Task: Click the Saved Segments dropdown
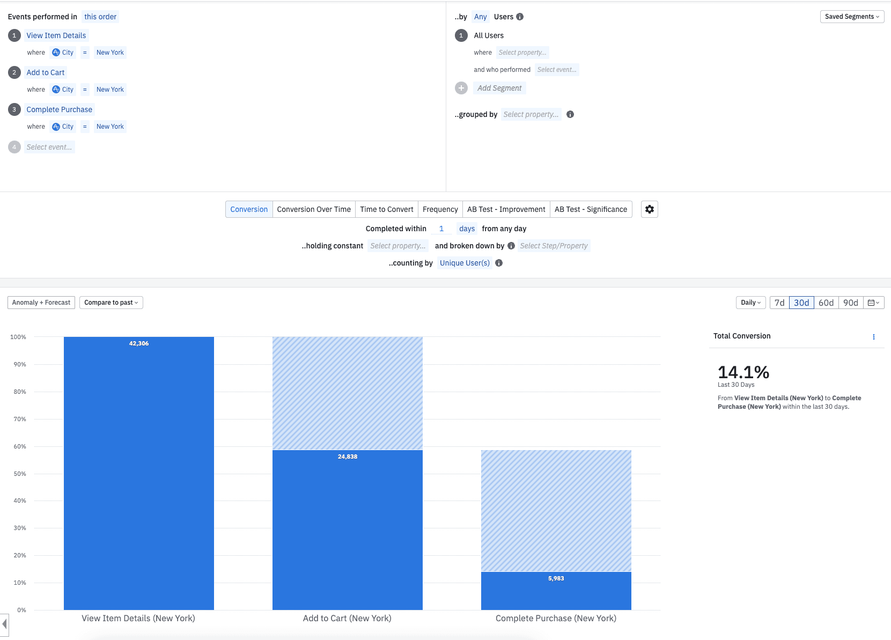[852, 17]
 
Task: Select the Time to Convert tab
[386, 209]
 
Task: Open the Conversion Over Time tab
[314, 209]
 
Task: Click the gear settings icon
[649, 209]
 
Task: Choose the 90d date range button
[850, 303]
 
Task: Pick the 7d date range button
[779, 303]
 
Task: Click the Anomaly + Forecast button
[41, 303]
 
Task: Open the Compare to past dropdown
[111, 303]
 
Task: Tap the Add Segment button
[499, 88]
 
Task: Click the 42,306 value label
[139, 343]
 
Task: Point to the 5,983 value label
[556, 578]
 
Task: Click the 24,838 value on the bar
[348, 457]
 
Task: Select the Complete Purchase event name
[60, 109]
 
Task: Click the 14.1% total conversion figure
[743, 372]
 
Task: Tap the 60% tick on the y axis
[20, 446]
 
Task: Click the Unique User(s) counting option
[465, 263]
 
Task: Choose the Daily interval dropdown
[750, 303]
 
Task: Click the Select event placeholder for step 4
[49, 147]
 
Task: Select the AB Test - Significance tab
[591, 209]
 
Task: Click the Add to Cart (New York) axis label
[347, 618]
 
